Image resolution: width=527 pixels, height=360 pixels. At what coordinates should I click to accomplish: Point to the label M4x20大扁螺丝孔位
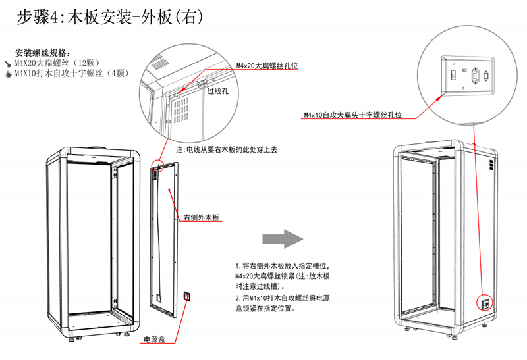click(267, 66)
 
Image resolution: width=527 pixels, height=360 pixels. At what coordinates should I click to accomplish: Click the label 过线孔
click(218, 92)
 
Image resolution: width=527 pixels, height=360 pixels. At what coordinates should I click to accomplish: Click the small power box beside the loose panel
click(187, 297)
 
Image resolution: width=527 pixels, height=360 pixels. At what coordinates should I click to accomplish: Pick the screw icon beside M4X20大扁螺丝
click(9, 64)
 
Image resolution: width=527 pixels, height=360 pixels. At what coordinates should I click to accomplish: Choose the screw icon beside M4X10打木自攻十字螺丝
click(9, 73)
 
